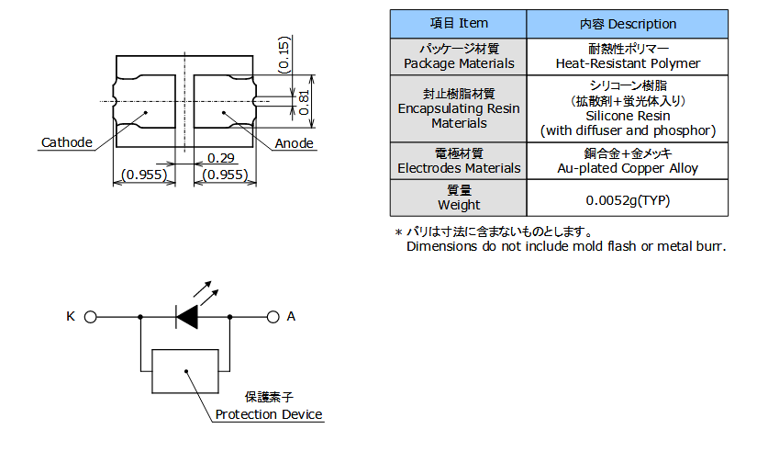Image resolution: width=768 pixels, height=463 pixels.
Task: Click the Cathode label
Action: [67, 142]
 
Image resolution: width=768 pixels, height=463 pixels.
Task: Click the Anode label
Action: [295, 142]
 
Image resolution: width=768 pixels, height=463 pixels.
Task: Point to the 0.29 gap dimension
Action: [220, 159]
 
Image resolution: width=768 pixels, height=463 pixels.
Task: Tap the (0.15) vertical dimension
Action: [284, 55]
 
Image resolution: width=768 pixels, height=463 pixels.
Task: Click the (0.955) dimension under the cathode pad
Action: [143, 175]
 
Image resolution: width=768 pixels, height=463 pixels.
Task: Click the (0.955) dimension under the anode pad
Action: [223, 175]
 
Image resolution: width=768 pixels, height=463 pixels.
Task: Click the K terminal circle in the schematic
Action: [90, 317]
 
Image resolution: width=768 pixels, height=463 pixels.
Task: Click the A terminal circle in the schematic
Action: [273, 317]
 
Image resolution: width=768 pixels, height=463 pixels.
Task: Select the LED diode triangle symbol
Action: [187, 317]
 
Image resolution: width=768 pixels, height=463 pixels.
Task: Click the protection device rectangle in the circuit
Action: [186, 370]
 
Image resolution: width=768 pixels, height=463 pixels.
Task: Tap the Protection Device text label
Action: [269, 414]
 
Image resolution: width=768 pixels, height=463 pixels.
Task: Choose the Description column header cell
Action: [629, 24]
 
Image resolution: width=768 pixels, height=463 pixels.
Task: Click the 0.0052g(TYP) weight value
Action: [629, 198]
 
